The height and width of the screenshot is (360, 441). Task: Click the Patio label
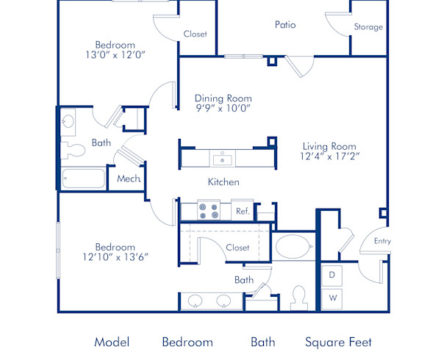[285, 24]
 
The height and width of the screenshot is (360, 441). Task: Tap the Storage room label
[368, 27]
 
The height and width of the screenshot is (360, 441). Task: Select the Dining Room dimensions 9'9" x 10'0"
[223, 108]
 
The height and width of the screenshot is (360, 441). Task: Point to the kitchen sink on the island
[221, 159]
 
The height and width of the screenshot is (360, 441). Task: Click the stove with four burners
[207, 212]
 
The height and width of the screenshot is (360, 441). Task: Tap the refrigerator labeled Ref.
[243, 212]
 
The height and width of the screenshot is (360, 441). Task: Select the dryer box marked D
[332, 275]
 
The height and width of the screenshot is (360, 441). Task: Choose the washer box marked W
[332, 298]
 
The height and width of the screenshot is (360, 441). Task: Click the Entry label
[382, 241]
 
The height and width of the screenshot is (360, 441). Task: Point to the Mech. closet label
[129, 179]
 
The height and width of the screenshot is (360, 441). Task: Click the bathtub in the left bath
[84, 179]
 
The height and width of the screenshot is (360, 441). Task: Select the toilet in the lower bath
[298, 298]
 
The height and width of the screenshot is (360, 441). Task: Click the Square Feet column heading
[338, 342]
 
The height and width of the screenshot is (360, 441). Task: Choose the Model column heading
[112, 342]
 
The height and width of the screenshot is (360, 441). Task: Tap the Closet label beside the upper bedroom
[195, 34]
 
